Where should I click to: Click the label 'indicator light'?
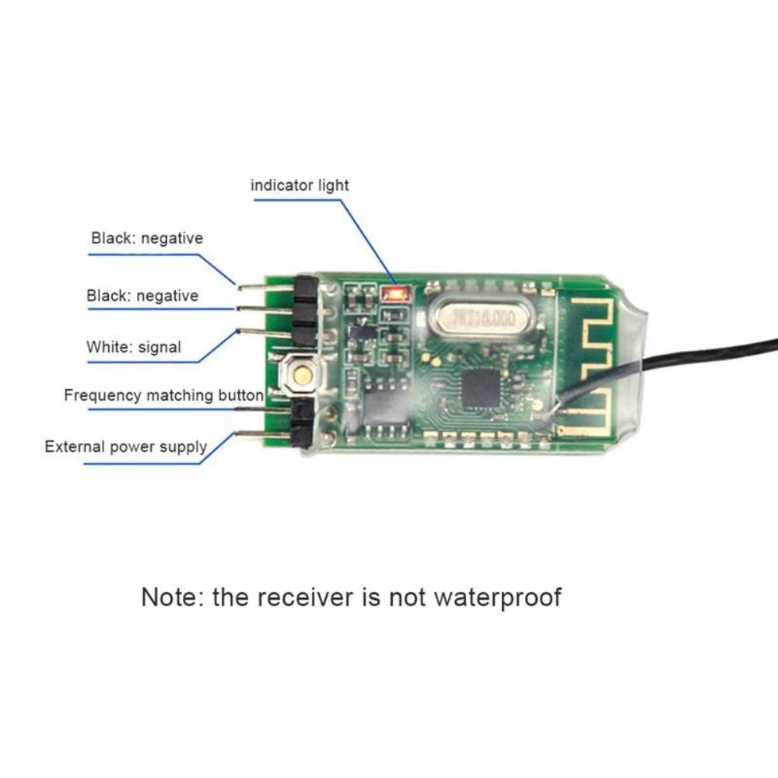(x=300, y=185)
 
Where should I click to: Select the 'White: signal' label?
(x=133, y=347)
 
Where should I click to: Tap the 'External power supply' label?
(x=125, y=447)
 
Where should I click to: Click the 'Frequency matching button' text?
(x=163, y=395)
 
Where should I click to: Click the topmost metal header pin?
(x=261, y=287)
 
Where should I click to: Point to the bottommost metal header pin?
(x=261, y=435)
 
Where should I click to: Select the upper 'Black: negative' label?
(x=146, y=238)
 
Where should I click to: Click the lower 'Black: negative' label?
(x=142, y=296)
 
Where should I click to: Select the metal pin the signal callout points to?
(x=261, y=332)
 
